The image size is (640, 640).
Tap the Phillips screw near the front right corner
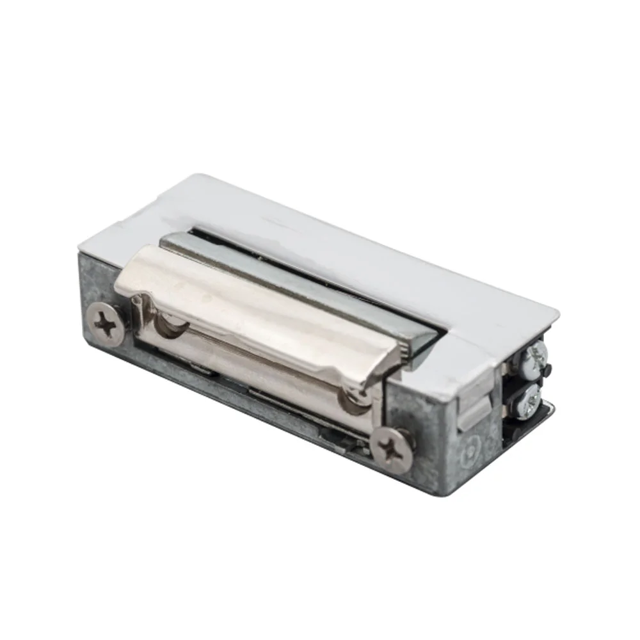click(392, 450)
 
